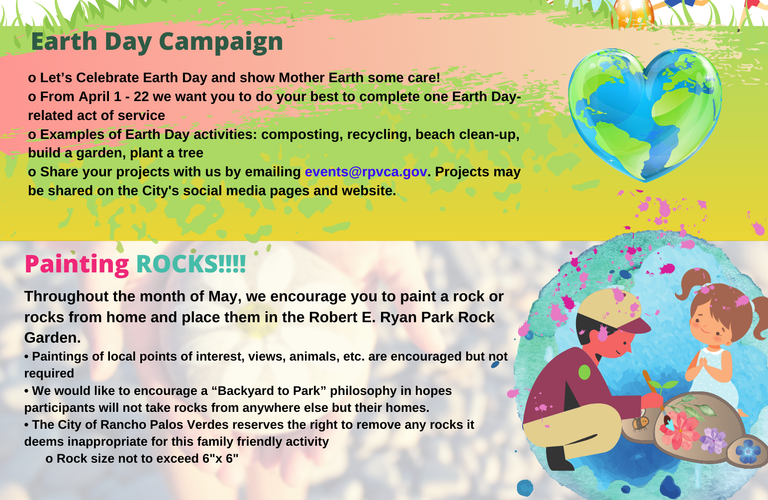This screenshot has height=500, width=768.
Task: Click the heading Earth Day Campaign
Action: pos(157,42)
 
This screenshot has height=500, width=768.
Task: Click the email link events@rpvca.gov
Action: pos(366,172)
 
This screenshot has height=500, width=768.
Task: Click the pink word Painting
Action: pos(77,264)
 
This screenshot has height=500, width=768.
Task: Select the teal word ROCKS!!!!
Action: pos(191,264)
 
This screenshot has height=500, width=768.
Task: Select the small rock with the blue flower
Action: pos(748,452)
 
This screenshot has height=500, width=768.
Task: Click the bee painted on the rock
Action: pos(640,424)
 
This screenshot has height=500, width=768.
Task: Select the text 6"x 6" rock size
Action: pos(220,459)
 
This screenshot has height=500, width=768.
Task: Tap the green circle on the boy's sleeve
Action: pos(584,372)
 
